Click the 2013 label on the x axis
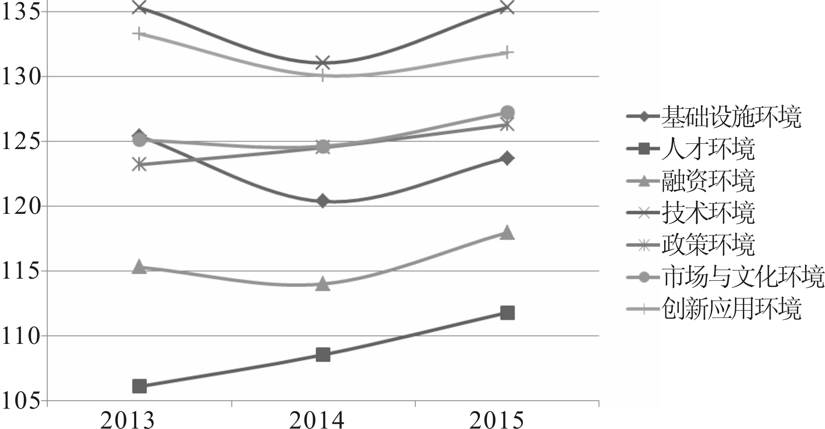128,420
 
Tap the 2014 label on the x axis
317,420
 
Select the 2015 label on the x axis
496,420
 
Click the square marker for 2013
139,386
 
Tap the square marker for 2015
507,313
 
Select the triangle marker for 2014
323,284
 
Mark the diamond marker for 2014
323,201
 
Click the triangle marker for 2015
507,233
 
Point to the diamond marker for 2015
507,158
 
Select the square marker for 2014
323,355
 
